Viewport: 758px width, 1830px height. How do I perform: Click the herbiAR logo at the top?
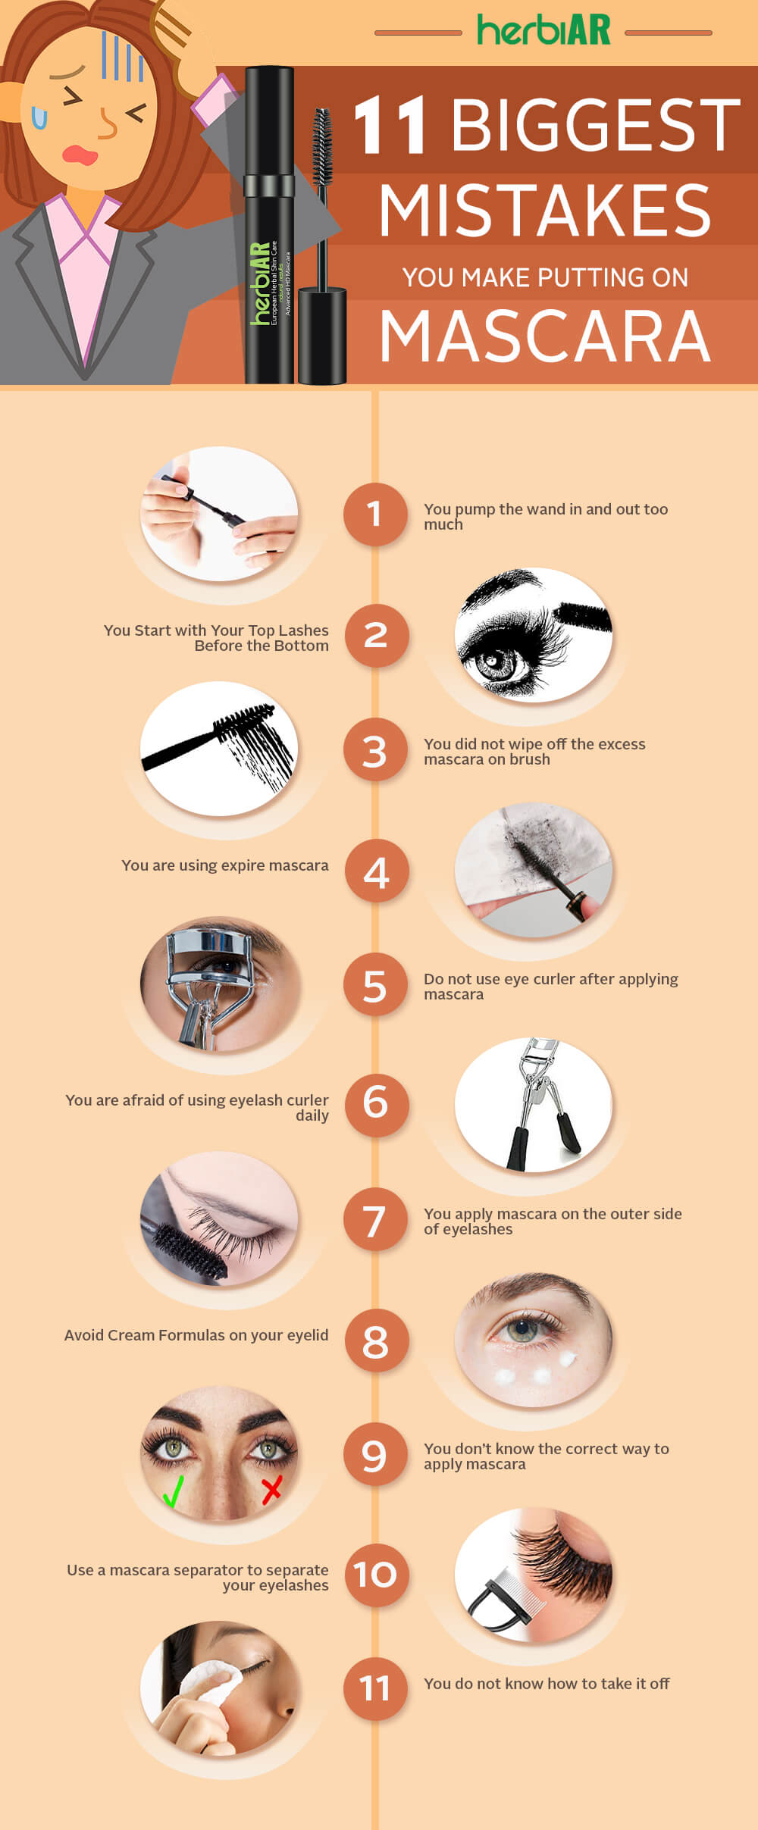pyautogui.click(x=543, y=31)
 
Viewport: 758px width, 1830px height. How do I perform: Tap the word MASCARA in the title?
pyautogui.click(x=545, y=336)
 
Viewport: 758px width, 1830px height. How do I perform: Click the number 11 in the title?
pyautogui.click(x=390, y=125)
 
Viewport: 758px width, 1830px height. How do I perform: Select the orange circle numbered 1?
pyautogui.click(x=375, y=515)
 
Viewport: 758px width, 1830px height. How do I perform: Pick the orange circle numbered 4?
pyautogui.click(x=377, y=871)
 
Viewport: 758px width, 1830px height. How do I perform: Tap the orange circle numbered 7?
pyautogui.click(x=375, y=1220)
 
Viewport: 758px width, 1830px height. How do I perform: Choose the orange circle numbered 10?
pyautogui.click(x=377, y=1575)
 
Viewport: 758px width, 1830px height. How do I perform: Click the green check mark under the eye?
pyautogui.click(x=174, y=1490)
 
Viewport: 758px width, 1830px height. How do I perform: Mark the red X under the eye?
pyautogui.click(x=271, y=1488)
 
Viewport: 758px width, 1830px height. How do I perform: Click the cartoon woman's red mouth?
pyautogui.click(x=80, y=155)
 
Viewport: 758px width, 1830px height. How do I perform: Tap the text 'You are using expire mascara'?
pyautogui.click(x=225, y=865)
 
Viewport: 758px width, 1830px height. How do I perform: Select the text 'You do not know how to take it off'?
pyautogui.click(x=547, y=1683)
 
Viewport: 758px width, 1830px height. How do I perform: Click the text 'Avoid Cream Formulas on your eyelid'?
pyautogui.click(x=196, y=1335)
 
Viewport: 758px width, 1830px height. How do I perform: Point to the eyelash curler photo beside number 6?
pyautogui.click(x=534, y=1104)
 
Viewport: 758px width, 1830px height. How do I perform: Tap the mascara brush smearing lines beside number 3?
pyautogui.click(x=219, y=748)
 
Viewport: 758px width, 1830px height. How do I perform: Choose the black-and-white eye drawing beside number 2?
pyautogui.click(x=534, y=635)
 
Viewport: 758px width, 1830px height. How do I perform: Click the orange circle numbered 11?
pyautogui.click(x=375, y=1688)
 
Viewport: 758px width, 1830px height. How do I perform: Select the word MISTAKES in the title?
pyautogui.click(x=545, y=211)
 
